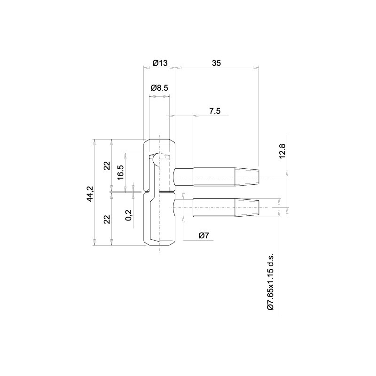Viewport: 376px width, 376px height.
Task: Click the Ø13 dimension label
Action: click(160, 63)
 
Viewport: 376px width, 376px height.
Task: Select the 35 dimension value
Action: click(216, 63)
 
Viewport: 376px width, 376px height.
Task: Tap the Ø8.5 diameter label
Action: click(159, 88)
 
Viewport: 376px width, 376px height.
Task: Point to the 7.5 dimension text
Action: click(215, 111)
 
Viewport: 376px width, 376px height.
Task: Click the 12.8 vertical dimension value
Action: click(282, 151)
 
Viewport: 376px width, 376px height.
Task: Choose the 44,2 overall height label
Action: click(90, 194)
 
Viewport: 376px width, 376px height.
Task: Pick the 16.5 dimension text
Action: click(120, 172)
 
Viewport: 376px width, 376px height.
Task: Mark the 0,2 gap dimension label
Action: click(128, 215)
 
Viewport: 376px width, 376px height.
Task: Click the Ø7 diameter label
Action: click(204, 235)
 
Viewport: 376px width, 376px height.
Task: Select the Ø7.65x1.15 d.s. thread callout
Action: click(270, 282)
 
